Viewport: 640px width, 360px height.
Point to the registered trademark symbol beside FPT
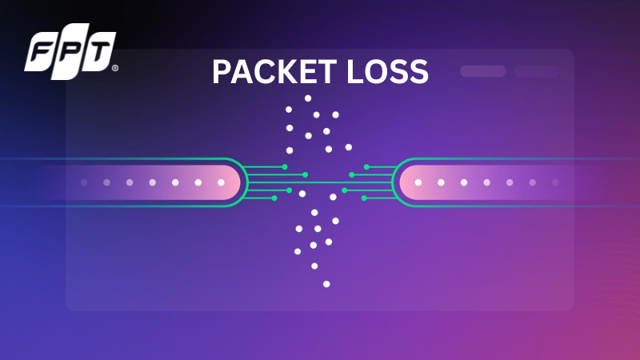115,69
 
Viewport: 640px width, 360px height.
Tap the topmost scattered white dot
308,98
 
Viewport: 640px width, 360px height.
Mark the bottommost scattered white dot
326,283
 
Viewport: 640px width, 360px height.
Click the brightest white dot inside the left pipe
222,182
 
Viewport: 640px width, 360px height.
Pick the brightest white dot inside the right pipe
418,182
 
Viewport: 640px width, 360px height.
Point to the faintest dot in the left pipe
83,182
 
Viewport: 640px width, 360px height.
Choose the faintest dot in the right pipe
554,182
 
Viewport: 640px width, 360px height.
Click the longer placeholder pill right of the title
482,71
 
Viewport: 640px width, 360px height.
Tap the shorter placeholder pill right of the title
536,71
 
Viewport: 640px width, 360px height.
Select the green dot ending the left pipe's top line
285,166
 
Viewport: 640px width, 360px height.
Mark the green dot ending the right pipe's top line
366,166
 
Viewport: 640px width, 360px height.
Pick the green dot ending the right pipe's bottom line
364,198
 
